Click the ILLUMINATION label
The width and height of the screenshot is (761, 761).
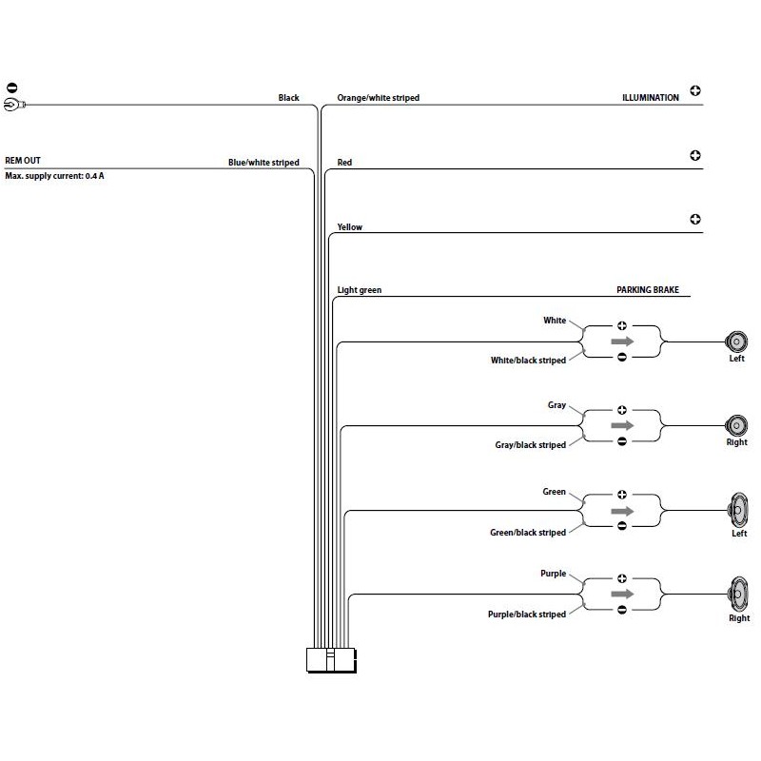coord(651,98)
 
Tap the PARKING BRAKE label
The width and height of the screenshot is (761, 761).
coord(648,290)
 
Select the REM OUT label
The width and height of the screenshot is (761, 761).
coord(23,161)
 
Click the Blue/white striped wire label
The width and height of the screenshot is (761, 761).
coord(263,163)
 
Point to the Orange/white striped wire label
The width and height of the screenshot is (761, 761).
coord(378,98)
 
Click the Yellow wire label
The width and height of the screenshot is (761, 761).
coord(349,227)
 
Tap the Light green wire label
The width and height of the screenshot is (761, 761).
coord(360,290)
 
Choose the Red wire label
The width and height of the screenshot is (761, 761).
coord(344,162)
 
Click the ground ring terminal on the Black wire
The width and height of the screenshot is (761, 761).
coord(14,105)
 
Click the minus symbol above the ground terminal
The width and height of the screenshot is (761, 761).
coord(12,88)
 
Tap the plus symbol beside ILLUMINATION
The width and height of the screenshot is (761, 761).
coord(695,90)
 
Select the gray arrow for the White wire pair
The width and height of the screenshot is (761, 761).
coord(622,341)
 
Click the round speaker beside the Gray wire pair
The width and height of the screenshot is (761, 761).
coord(736,425)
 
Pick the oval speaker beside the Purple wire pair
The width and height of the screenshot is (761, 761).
coord(737,595)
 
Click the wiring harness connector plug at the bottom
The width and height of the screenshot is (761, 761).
coord(331,660)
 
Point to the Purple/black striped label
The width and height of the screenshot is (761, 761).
coord(527,615)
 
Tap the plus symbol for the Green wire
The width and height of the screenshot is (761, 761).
coord(622,495)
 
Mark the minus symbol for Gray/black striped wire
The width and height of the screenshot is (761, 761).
coord(622,441)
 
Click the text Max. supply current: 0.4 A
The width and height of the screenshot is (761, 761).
coord(54,176)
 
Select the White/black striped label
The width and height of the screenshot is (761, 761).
coord(528,361)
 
